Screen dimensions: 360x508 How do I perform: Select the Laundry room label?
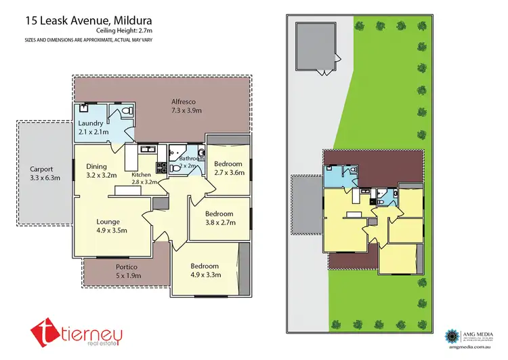[90, 123]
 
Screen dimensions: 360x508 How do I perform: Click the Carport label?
[42, 169]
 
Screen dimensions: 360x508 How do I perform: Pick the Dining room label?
[96, 166]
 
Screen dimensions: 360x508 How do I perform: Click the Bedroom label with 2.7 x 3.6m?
[228, 163]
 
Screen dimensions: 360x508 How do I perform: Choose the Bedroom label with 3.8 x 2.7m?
[219, 214]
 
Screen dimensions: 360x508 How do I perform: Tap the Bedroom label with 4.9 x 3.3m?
[204, 266]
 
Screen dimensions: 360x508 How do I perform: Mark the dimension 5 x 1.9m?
[128, 275]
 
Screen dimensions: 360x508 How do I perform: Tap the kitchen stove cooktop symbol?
[162, 165]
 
